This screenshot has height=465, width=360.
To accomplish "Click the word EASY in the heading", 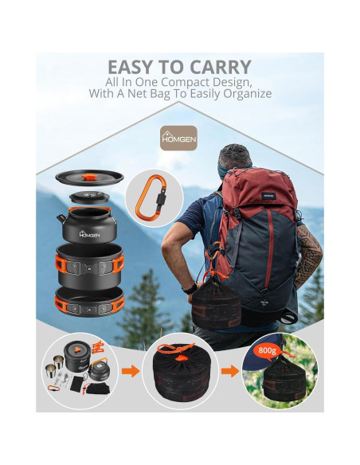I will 135,68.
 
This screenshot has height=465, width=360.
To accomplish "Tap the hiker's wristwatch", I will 189,287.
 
